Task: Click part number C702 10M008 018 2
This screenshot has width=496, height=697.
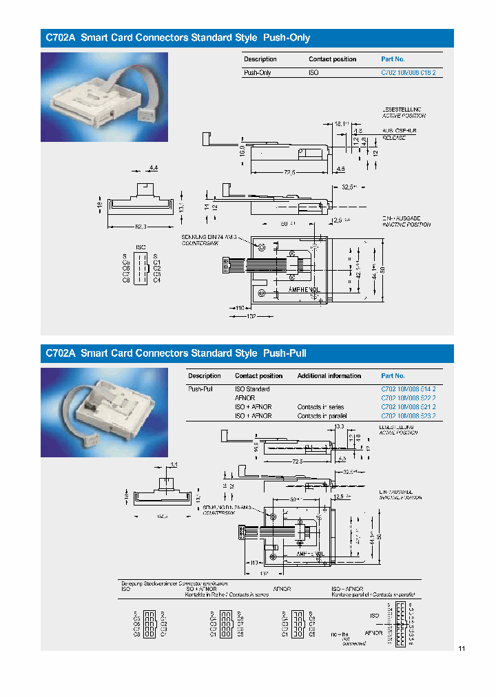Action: (408, 72)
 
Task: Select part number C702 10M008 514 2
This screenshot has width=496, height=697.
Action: (408, 389)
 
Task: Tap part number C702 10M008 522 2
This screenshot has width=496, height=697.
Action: (408, 398)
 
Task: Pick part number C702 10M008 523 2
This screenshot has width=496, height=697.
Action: (408, 416)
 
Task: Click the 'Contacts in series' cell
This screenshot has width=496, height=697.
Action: (320, 407)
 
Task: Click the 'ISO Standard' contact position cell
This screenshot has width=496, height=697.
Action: (252, 389)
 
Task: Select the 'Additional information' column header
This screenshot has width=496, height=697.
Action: (329, 376)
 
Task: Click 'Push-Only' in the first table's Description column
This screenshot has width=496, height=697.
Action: (258, 72)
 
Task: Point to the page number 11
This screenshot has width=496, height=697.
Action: (462, 649)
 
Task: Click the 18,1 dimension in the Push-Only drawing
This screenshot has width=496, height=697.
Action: (342, 123)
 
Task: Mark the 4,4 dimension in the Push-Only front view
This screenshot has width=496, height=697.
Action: (153, 168)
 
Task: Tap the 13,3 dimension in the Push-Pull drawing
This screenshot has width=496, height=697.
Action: (338, 427)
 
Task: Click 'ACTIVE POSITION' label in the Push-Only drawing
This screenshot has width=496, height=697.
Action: (405, 116)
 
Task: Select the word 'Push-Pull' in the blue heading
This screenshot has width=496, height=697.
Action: (285, 353)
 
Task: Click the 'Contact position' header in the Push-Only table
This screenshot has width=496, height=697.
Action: (332, 59)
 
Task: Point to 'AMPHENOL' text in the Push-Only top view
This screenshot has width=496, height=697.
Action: (303, 290)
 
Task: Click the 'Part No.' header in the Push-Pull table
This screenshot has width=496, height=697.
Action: (393, 376)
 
